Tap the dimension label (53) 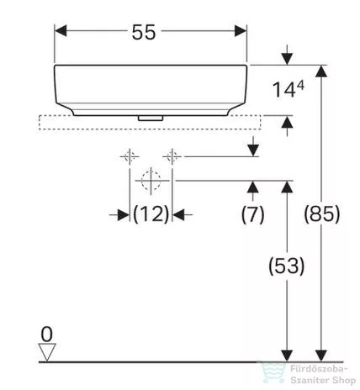click(x=287, y=266)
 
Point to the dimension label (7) click(x=252, y=213)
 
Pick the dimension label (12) click(x=151, y=213)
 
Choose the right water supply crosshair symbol click(x=172, y=155)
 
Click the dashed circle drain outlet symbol click(x=151, y=180)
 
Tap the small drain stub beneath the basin click(x=151, y=119)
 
